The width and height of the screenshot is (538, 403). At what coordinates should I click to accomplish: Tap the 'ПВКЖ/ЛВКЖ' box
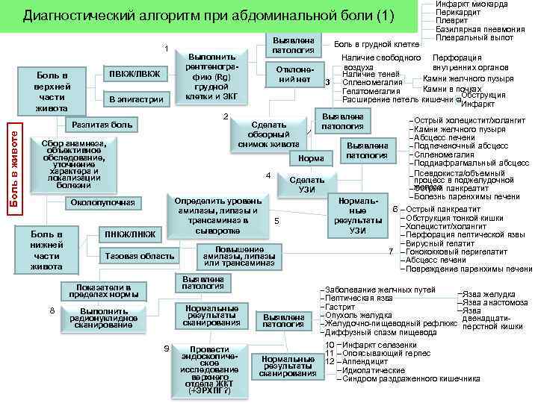[134, 73]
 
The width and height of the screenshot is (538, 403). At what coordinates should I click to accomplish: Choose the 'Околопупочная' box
[102, 202]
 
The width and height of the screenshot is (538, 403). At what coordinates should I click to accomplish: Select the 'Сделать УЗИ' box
[306, 185]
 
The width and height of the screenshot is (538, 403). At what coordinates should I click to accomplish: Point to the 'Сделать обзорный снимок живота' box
[269, 134]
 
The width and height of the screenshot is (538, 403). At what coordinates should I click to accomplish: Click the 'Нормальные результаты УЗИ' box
[358, 216]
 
